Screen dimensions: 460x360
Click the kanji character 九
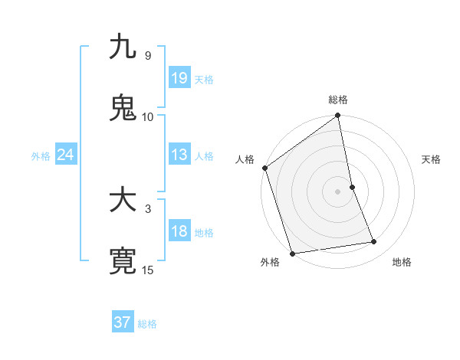click(x=123, y=47)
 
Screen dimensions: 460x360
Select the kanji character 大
click(x=123, y=201)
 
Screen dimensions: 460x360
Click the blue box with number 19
click(x=179, y=78)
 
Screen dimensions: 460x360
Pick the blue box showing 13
click(x=179, y=155)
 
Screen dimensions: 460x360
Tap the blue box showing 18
click(x=179, y=231)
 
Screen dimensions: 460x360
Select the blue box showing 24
click(x=66, y=155)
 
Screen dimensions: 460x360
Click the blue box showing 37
click(x=123, y=322)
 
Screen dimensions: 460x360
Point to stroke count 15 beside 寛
click(x=148, y=270)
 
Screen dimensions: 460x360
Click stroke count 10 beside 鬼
click(x=148, y=116)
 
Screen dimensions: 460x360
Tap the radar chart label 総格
click(x=338, y=100)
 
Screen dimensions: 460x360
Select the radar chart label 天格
click(x=432, y=159)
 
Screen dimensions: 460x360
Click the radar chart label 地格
click(x=402, y=263)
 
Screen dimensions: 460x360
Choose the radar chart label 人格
click(x=245, y=159)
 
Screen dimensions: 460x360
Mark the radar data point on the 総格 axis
click(x=338, y=116)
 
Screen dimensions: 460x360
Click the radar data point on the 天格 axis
click(x=352, y=187)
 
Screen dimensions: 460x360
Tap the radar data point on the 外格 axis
click(x=292, y=253)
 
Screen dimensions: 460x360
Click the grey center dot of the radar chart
click(x=338, y=191)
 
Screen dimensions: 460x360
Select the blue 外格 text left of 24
click(x=41, y=155)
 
